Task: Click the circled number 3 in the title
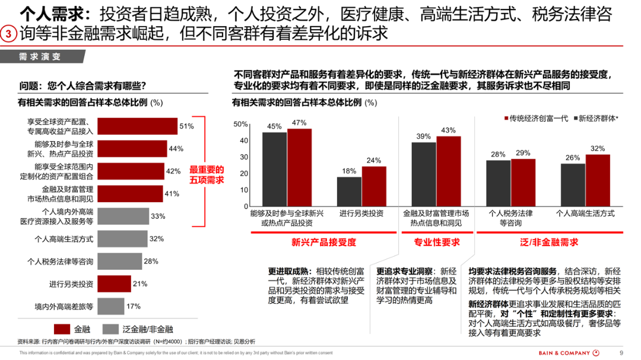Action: pyautogui.click(x=9, y=34)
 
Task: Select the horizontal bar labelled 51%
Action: pyautogui.click(x=137, y=126)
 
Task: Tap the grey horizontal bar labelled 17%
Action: pyautogui.click(x=110, y=306)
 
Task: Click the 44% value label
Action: pyautogui.click(x=176, y=148)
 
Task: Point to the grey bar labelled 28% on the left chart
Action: pyautogui.click(x=119, y=261)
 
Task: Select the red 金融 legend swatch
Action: pyautogui.click(x=62, y=329)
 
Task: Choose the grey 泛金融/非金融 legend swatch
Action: pyautogui.click(x=110, y=329)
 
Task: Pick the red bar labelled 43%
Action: pyautogui.click(x=449, y=171)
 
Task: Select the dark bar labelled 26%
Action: pyautogui.click(x=573, y=186)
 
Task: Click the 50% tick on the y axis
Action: pyautogui.click(x=240, y=124)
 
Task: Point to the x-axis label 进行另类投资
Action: pyautogui.click(x=361, y=214)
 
